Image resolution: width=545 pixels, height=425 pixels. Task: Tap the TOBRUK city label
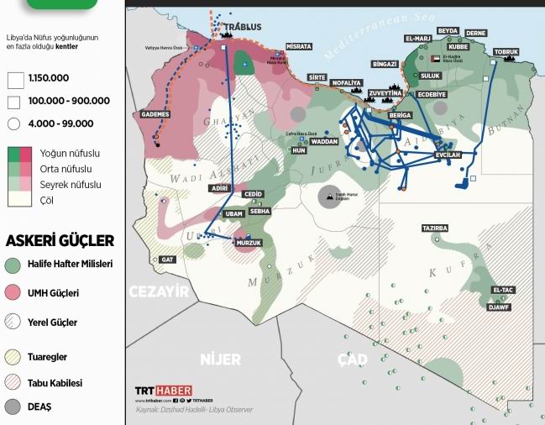click(x=506, y=52)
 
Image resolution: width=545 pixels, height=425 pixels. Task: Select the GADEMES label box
click(x=155, y=114)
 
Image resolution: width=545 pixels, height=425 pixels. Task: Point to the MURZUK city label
click(x=249, y=243)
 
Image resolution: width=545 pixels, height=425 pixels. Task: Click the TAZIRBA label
click(x=436, y=228)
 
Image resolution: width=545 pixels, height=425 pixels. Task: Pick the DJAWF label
click(x=500, y=307)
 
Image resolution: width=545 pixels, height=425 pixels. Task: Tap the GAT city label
click(x=167, y=260)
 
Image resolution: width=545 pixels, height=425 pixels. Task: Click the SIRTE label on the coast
click(x=317, y=76)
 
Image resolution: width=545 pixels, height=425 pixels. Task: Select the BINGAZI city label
click(x=384, y=64)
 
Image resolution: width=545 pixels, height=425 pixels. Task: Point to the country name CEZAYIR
click(x=158, y=291)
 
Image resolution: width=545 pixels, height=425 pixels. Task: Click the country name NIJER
click(x=220, y=359)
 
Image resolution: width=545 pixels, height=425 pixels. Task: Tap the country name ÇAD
click(x=353, y=359)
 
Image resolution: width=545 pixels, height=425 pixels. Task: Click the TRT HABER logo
click(x=164, y=391)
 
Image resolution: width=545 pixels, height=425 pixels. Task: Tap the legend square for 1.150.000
click(x=14, y=80)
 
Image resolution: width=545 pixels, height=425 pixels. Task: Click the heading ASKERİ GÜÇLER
click(x=60, y=241)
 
